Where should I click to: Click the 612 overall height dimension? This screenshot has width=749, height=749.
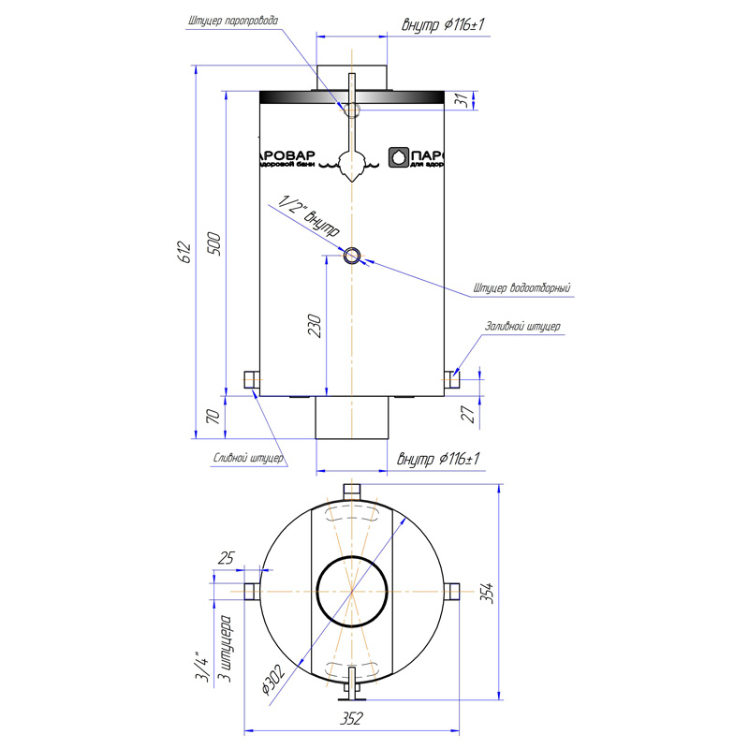(x=184, y=252)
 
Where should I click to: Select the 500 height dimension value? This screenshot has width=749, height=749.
(x=215, y=244)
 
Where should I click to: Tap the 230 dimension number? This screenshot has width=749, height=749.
(x=315, y=325)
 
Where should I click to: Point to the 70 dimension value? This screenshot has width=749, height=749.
(x=213, y=417)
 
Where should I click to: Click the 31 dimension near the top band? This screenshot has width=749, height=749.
(x=461, y=100)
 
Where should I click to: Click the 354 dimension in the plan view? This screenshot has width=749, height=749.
(x=487, y=593)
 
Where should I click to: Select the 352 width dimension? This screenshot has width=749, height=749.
(x=351, y=718)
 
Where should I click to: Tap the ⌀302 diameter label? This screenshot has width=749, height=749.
(x=273, y=679)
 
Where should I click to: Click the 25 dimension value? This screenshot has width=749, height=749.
(x=227, y=557)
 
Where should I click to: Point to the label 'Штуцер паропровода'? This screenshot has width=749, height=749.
(x=233, y=21)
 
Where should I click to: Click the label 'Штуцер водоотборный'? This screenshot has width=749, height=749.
(x=522, y=287)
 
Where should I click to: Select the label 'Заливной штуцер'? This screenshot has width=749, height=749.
(x=522, y=326)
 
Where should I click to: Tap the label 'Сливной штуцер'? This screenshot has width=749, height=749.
(x=248, y=458)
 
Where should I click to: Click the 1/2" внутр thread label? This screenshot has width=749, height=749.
(x=309, y=216)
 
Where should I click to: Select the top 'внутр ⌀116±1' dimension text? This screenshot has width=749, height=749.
(x=443, y=24)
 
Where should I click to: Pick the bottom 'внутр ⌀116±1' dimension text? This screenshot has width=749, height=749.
(x=438, y=459)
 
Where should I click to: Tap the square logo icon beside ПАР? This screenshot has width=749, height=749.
(x=399, y=157)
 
